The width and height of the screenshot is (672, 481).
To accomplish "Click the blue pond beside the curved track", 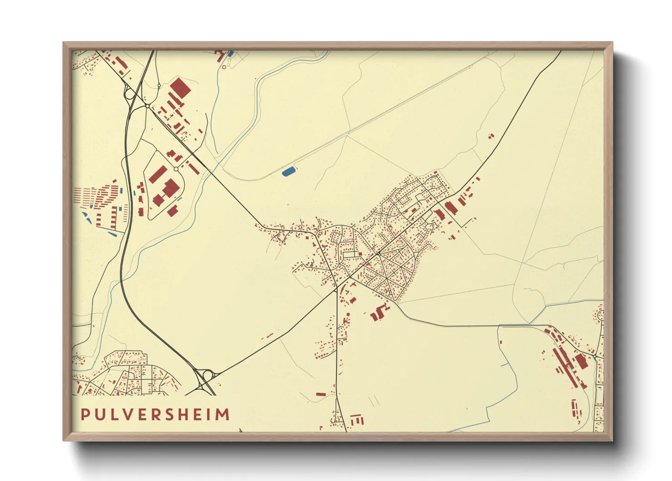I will (288, 171).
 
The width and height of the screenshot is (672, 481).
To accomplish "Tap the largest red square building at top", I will (180, 87).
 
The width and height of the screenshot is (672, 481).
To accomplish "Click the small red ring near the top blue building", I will (224, 67).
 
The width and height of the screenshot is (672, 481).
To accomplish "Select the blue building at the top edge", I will (230, 53).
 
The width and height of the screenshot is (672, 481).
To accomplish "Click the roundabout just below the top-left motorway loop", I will (148, 106).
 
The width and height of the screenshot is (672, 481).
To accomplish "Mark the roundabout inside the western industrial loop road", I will (176, 169).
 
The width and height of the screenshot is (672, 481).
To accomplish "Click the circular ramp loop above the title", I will (208, 376).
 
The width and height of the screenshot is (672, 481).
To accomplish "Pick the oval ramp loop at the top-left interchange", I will (128, 95).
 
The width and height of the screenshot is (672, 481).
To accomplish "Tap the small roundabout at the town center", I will (378, 253).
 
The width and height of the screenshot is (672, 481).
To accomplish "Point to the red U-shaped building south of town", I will (378, 313).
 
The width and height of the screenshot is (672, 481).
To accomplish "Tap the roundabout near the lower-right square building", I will (594, 356).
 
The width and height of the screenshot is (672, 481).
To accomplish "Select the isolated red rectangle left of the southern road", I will (321, 394).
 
